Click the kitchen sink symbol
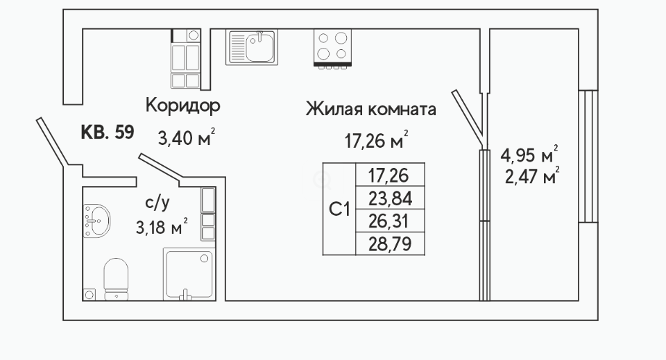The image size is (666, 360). click(251, 46)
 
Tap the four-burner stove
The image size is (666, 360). click(332, 48)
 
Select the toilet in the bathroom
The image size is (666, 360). click(116, 280)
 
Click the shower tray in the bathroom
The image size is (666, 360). click(189, 274)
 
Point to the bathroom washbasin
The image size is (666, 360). click(96, 221)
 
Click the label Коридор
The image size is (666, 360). click(182, 105)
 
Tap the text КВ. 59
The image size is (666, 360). click(108, 132)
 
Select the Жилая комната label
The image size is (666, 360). click(370, 109)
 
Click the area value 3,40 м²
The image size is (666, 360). click(187, 137)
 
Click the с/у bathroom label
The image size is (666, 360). click(157, 203)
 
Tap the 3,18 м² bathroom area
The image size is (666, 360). click(162, 227)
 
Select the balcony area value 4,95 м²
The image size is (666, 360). click(529, 155)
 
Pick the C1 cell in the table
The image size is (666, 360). click(339, 209)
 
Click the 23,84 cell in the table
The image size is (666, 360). click(391, 198)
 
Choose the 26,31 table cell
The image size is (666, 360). click(391, 221)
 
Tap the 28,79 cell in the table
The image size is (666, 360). click(391, 243)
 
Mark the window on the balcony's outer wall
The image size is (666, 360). click(588, 156)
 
